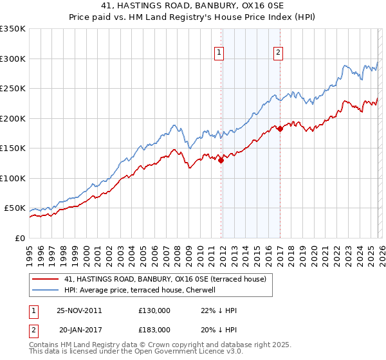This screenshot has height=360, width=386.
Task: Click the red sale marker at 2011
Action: click(221, 161)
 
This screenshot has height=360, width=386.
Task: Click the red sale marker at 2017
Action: click(280, 129)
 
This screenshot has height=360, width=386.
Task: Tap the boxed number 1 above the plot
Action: click(220, 53)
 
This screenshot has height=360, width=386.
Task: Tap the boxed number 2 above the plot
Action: click(278, 53)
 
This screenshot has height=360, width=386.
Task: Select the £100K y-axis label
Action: click(13, 178)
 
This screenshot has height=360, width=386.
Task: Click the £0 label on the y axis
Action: click(19, 238)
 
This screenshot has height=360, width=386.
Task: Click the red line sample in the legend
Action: click(46, 279)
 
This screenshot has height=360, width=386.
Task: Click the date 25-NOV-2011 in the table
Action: click(78, 310)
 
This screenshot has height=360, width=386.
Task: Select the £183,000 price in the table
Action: click(154, 328)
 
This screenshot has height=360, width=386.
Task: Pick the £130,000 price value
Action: click(154, 310)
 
